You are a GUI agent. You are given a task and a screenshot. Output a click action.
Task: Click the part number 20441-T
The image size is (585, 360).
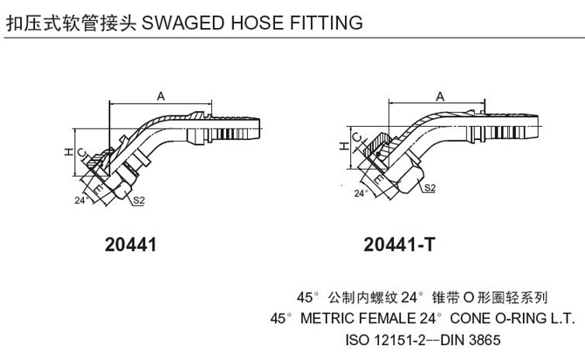coord(398,246)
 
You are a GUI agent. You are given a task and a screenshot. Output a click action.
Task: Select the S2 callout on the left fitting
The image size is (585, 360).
coord(139,201)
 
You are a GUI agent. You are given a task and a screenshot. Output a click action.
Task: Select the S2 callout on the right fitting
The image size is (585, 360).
coord(430,188)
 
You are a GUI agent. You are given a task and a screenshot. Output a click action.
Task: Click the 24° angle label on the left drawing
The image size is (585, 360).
coord(81,200)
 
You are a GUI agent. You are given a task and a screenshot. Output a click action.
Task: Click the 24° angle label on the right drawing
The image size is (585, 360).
coord(360,192)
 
